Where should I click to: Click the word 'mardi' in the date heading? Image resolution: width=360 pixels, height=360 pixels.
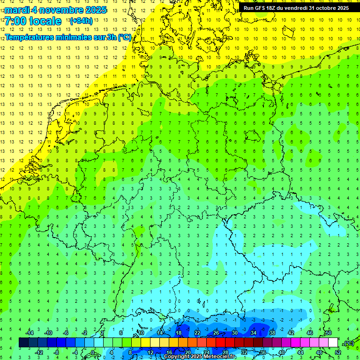point(15,10)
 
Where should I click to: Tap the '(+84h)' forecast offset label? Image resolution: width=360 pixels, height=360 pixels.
point(81,21)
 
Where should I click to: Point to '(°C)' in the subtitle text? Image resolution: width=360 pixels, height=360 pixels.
point(124,37)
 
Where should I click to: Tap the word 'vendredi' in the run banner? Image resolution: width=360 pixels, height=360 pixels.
point(296,8)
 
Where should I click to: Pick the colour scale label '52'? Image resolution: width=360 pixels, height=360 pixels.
point(338,352)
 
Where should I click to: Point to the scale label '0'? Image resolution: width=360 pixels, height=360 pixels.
point(93,352)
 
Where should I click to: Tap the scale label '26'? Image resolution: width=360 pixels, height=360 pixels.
point(216,333)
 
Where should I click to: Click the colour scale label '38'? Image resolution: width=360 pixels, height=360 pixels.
point(272,333)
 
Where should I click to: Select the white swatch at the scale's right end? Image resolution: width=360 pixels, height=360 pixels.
point(333,343)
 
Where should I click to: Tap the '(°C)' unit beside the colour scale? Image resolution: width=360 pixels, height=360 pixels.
point(349,343)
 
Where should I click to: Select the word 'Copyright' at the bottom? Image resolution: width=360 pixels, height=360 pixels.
point(177,357)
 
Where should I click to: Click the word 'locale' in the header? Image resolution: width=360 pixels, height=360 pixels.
point(45,21)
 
